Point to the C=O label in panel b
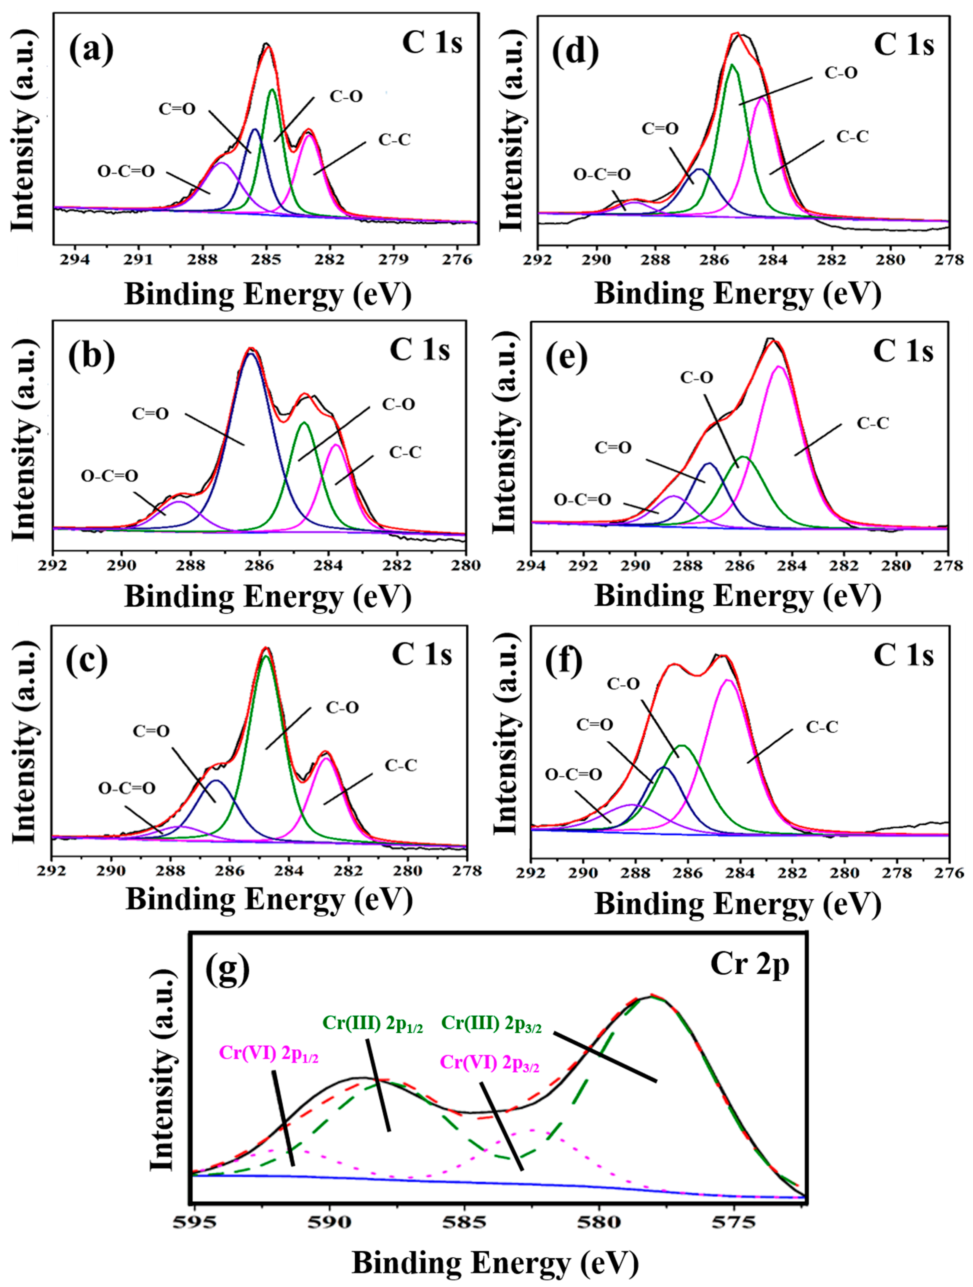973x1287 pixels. (x=150, y=414)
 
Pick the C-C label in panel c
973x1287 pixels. (x=401, y=765)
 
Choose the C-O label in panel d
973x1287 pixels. (x=841, y=73)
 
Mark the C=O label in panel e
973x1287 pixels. (x=613, y=447)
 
